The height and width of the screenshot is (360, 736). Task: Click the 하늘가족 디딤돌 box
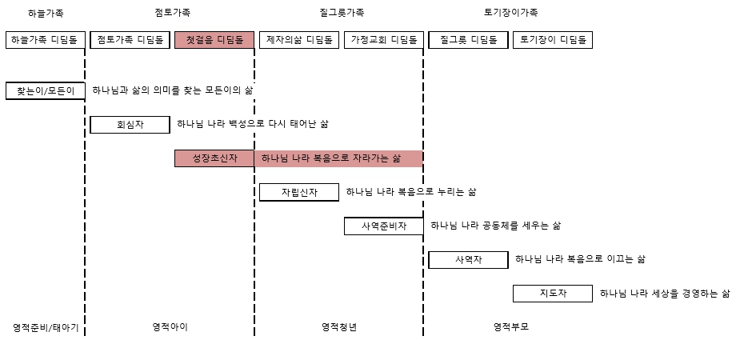46,40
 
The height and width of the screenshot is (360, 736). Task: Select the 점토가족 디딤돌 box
130,40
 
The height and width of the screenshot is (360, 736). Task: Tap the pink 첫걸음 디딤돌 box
214,40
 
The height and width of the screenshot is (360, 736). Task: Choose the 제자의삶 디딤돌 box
299,40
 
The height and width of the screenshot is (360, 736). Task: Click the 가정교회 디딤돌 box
383,40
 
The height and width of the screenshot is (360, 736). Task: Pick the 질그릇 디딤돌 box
468,40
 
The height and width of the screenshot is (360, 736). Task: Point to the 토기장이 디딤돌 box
553,40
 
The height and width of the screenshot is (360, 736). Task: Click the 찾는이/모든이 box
46,91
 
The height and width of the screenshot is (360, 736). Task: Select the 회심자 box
130,125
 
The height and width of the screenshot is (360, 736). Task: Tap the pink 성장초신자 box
214,158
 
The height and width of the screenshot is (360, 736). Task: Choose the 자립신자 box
299,193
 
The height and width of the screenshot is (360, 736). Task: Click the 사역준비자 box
383,226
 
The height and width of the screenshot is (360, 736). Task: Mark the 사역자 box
468,260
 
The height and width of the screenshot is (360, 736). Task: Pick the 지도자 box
553,294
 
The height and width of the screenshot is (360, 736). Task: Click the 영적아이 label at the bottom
170,327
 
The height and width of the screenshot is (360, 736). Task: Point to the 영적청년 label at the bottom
339,327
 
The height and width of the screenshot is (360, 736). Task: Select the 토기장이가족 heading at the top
510,13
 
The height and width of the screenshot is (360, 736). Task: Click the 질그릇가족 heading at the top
342,13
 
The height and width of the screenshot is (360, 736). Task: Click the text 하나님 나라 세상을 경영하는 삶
665,294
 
